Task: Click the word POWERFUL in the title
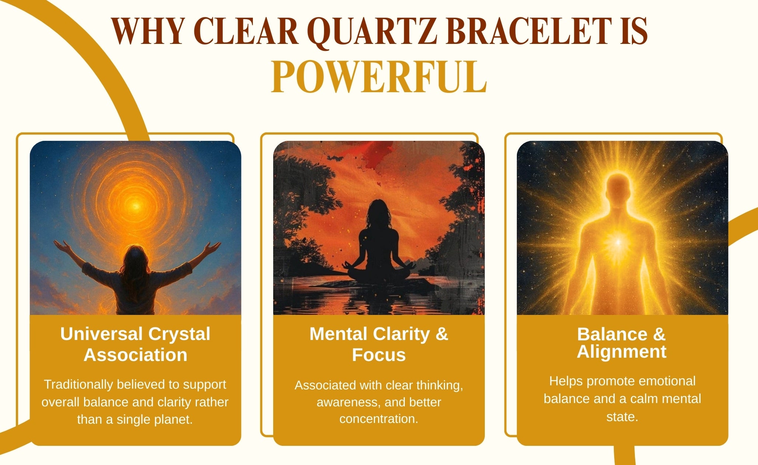pyautogui.click(x=379, y=77)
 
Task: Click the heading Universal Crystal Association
pyautogui.click(x=135, y=344)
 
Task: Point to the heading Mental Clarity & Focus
pyautogui.click(x=379, y=344)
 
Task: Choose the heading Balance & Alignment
pyautogui.click(x=622, y=343)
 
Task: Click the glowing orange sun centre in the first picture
pyautogui.click(x=136, y=205)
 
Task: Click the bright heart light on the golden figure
pyautogui.click(x=618, y=242)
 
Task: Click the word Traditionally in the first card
pyautogui.click(x=79, y=385)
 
